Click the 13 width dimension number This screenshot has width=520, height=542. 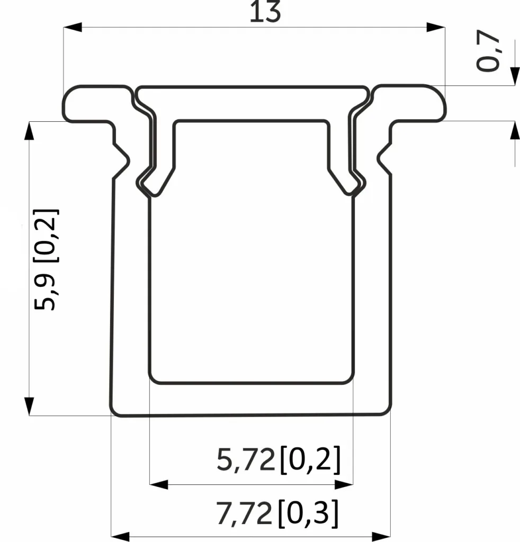point(265,12)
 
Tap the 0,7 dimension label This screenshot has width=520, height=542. point(488,51)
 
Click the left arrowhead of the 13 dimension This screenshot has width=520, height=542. point(73,28)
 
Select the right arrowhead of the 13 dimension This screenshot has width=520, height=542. point(436,28)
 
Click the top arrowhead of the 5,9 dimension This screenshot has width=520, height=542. point(29,131)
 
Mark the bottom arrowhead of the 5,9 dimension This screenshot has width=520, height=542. point(29,406)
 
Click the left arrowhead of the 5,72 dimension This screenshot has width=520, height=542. point(159,485)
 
